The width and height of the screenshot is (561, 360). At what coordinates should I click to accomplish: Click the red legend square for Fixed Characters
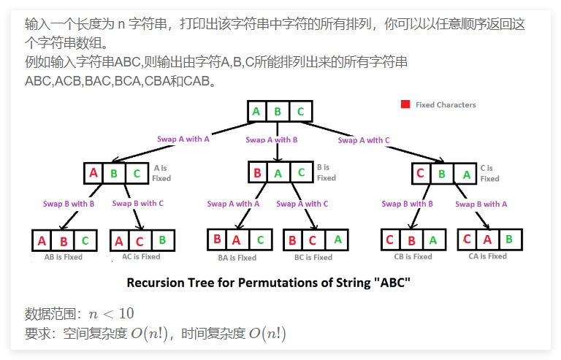(x=405, y=104)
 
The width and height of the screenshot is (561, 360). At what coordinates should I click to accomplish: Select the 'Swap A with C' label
(x=364, y=140)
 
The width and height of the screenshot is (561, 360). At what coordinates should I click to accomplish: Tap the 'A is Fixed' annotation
(x=161, y=173)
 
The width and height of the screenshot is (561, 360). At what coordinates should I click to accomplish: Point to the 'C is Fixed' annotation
(x=489, y=174)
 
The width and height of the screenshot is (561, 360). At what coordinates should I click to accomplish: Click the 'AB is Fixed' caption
(x=64, y=257)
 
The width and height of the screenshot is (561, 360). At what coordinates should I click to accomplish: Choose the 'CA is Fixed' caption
(x=487, y=256)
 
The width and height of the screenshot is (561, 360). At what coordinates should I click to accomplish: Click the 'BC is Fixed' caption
(x=313, y=257)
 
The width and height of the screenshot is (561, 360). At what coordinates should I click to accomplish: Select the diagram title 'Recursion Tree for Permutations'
(x=269, y=282)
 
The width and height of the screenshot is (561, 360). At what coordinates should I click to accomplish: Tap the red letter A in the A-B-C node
(x=93, y=174)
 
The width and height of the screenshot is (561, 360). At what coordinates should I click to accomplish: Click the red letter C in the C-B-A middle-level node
(x=419, y=174)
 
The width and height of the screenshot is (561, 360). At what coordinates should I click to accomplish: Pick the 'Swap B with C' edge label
(x=138, y=204)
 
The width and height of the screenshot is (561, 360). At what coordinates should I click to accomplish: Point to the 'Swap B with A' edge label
(x=481, y=204)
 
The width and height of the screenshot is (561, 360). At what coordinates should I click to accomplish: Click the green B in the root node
(x=278, y=112)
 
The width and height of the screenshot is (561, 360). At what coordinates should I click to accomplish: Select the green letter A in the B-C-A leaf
(x=337, y=239)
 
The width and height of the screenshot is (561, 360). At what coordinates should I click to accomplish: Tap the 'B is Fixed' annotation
(x=326, y=173)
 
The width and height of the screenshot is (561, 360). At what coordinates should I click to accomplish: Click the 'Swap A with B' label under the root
(x=272, y=140)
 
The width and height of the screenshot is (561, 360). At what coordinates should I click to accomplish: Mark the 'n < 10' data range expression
(x=111, y=314)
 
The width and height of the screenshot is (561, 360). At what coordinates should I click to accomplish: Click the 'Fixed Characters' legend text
(x=446, y=105)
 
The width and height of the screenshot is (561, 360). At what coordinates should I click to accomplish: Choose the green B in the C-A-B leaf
(x=508, y=239)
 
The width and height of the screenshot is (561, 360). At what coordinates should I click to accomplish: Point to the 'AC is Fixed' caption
(x=141, y=257)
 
